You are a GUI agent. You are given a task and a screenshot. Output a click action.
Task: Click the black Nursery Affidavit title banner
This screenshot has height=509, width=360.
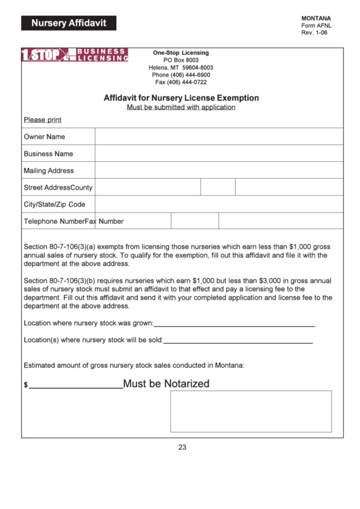(69, 23)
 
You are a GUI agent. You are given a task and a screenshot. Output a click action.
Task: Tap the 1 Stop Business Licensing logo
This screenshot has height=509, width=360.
(75, 55)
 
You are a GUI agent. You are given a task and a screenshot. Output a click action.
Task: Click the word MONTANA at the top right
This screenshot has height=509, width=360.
(316, 18)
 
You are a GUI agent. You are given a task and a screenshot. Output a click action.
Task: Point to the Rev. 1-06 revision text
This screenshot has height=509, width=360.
(314, 33)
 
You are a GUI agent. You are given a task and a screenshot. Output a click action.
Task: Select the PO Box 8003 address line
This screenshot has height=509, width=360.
(181, 60)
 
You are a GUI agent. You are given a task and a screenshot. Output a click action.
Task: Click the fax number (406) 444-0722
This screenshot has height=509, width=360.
(181, 82)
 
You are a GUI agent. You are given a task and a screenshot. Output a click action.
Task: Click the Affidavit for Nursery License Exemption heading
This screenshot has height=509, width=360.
(181, 98)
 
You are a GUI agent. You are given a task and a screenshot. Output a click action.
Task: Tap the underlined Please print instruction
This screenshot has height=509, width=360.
(43, 120)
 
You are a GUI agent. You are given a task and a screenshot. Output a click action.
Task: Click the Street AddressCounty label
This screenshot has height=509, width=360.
(58, 188)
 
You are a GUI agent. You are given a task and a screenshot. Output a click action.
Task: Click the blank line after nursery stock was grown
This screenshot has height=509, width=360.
(234, 326)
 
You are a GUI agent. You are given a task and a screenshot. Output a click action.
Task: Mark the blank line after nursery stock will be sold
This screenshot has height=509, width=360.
(238, 342)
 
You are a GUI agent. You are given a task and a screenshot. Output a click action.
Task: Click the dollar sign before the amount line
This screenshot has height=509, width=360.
(26, 385)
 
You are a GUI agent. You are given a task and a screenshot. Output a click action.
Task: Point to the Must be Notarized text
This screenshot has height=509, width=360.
(166, 384)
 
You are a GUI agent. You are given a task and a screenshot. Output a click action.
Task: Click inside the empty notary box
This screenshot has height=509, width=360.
(251, 411)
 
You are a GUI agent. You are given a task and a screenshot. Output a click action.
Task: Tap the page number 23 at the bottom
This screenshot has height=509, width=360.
(182, 447)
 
